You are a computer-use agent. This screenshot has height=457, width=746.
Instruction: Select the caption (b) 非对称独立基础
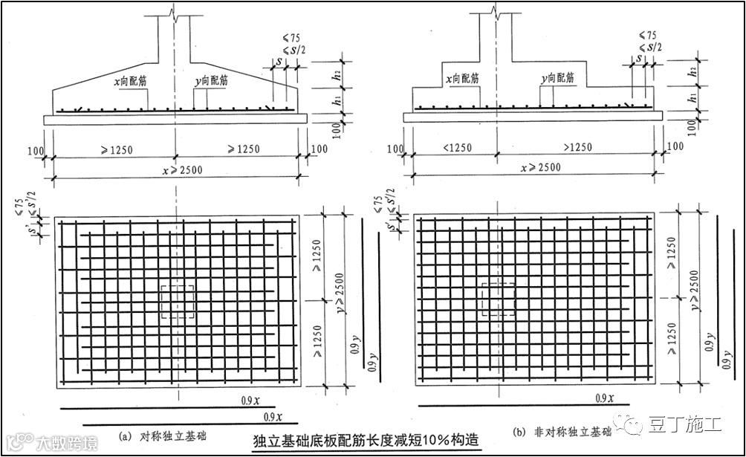[561, 432]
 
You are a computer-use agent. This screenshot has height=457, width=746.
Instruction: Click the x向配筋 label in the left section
[130, 77]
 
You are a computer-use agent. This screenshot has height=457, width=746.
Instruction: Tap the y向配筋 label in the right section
[557, 77]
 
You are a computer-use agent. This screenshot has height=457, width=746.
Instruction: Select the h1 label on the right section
[693, 97]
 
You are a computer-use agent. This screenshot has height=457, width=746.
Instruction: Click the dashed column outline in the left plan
[177, 303]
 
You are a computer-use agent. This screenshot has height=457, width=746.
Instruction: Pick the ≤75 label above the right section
[647, 35]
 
